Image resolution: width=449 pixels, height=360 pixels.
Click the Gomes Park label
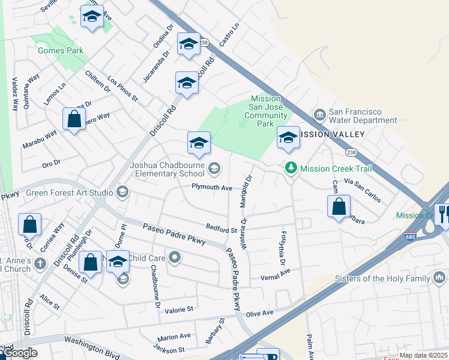pyautogui.click(x=61, y=51)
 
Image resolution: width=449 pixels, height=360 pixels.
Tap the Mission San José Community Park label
pyautogui.click(x=266, y=111)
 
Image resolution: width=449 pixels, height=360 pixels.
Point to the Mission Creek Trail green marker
pyautogui.click(x=291, y=168)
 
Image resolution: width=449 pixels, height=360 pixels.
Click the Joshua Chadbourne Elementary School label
pyautogui.click(x=168, y=170)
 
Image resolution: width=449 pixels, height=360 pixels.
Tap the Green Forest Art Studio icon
pyautogui.click(x=122, y=193)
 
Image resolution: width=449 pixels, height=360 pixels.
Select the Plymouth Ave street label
pyautogui.click(x=211, y=188)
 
